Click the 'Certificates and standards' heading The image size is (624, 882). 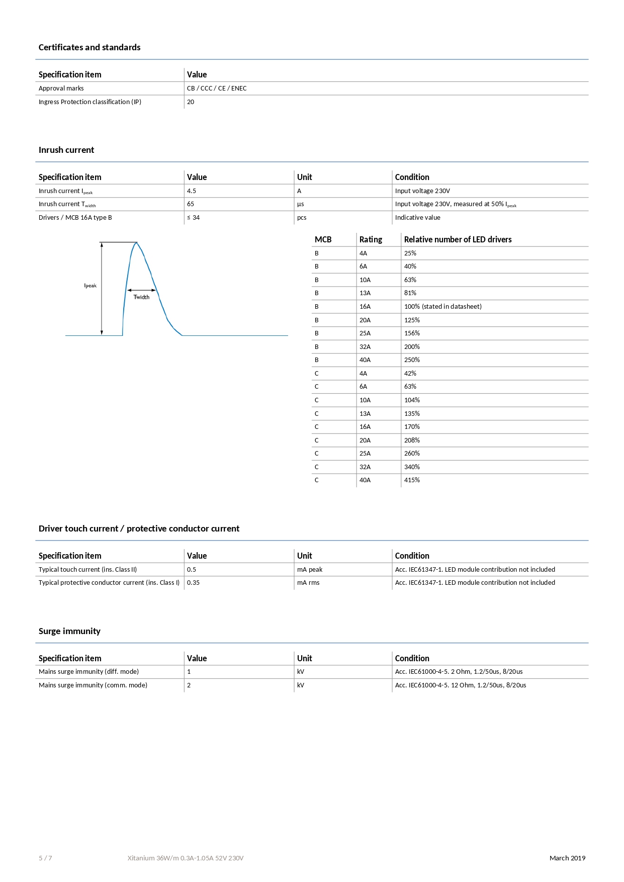click(90, 47)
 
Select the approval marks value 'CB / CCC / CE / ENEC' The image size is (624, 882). click(217, 89)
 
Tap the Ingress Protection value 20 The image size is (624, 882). click(191, 102)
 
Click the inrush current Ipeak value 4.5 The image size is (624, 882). click(192, 191)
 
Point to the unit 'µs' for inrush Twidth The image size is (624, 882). click(301, 204)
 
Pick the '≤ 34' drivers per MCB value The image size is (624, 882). click(194, 218)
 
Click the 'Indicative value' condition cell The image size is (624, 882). click(417, 218)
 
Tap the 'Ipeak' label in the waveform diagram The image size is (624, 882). click(91, 286)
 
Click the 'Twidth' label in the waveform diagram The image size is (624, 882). click(141, 297)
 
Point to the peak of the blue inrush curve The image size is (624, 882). click(136, 243)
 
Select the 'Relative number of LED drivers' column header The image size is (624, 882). click(458, 240)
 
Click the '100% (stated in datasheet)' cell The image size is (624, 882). click(442, 307)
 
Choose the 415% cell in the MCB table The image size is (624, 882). click(412, 480)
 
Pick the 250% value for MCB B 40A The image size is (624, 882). click(412, 360)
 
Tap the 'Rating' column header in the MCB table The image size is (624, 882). click(371, 240)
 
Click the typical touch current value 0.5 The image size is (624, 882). click(192, 570)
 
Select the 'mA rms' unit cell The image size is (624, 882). click(308, 583)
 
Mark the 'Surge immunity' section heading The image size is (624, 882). click(69, 631)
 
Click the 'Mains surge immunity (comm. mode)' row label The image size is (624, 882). click(93, 685)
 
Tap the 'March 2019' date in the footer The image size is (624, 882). click(567, 858)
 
